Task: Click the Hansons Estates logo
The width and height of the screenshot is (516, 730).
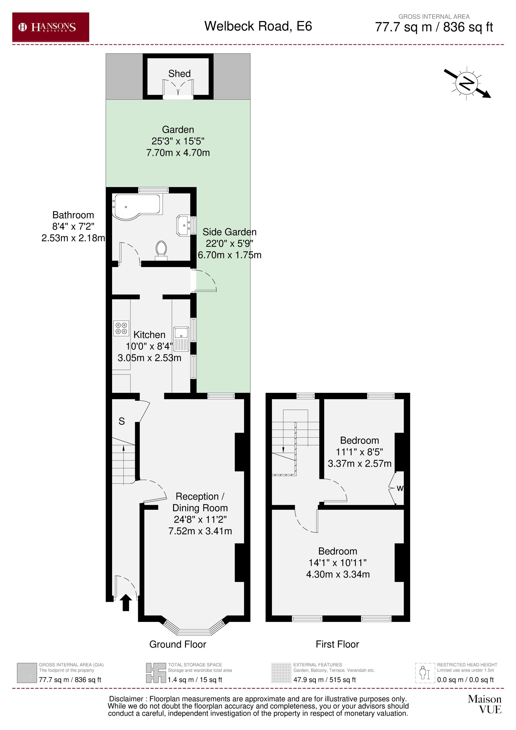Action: tap(51, 27)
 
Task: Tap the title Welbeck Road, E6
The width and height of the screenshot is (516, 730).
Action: tap(258, 26)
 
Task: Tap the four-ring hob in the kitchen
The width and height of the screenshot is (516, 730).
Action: tap(121, 328)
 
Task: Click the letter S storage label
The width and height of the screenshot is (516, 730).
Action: tap(121, 421)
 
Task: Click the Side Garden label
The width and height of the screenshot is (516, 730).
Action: tap(229, 232)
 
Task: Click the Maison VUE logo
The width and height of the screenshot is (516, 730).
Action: tap(484, 704)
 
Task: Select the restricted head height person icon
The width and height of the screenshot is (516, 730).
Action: tap(425, 673)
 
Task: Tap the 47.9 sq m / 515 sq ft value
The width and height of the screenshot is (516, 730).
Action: tap(324, 680)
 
